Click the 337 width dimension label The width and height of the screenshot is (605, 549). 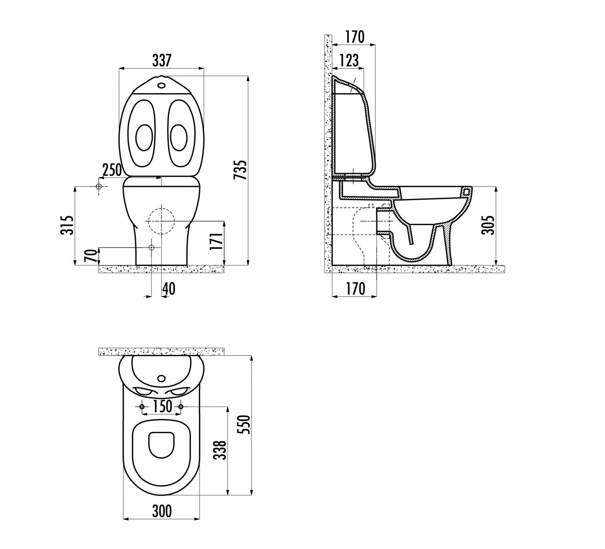(x=162, y=60)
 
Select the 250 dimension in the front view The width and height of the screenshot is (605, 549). (x=112, y=170)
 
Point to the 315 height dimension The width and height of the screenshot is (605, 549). (x=67, y=225)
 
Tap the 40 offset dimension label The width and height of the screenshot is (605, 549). (x=169, y=289)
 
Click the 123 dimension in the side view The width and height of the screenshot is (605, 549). (x=349, y=60)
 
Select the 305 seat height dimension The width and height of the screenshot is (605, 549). (x=488, y=225)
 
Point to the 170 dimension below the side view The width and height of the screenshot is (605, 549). (x=356, y=289)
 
